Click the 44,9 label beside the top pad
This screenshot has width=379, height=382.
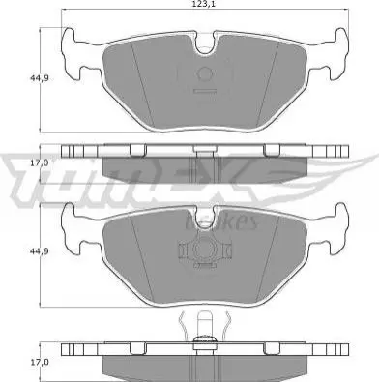tap(40, 78)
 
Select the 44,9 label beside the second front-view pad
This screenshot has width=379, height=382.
tap(40, 251)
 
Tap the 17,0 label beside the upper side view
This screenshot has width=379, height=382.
tap(40, 162)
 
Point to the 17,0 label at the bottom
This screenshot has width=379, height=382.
tap(40, 362)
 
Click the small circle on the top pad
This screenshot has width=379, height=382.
tap(205, 74)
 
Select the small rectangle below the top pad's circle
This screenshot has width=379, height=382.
tap(205, 91)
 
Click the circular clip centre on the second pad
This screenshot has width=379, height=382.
tap(205, 250)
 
